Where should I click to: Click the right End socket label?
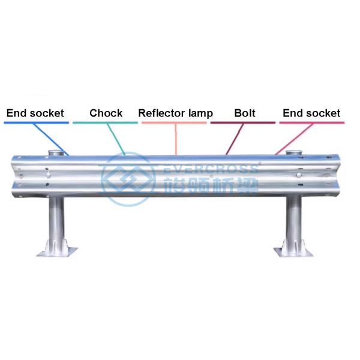pos(311,113)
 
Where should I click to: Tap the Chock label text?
pos(106,113)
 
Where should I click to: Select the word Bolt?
pos(245,113)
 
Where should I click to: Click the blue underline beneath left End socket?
pos(36,123)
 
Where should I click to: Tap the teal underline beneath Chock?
pos(105,123)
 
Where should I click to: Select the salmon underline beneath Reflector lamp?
pos(175,123)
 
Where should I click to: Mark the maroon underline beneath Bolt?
pos(243,123)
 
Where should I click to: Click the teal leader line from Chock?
pos(118,138)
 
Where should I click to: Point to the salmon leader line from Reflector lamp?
pos(176,138)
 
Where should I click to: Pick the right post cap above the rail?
pos(295,150)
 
